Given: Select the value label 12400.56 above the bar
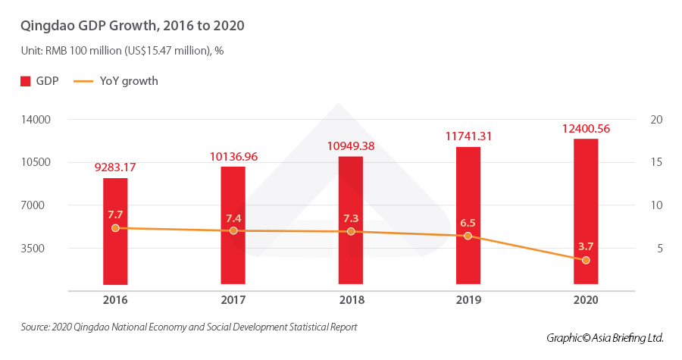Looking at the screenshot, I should tap(586, 129).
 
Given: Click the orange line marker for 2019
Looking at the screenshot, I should tap(468, 236).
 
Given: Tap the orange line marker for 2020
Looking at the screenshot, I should tap(586, 260).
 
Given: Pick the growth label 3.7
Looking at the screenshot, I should tap(586, 246).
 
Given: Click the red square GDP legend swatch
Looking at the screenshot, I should tap(25, 81).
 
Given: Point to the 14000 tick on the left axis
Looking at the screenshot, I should tap(35, 120).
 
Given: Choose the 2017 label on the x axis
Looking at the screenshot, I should tap(233, 300).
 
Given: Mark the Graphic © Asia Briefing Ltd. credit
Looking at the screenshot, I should tap(605, 337).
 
